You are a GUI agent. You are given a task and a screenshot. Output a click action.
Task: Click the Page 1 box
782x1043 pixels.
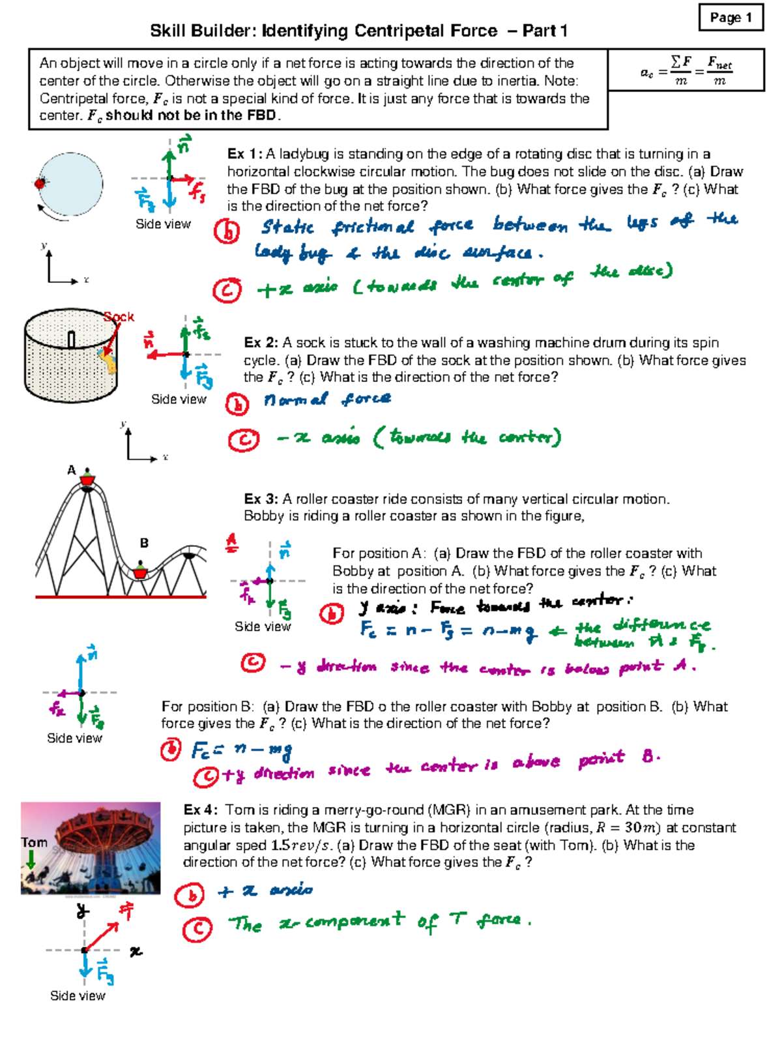pyautogui.click(x=731, y=18)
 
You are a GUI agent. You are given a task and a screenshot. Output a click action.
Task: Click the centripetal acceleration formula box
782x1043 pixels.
pyautogui.click(x=686, y=70)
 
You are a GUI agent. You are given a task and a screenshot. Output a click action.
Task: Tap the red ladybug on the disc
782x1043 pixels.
pyautogui.click(x=40, y=183)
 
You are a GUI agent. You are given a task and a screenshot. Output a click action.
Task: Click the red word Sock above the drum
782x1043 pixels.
pyautogui.click(x=119, y=317)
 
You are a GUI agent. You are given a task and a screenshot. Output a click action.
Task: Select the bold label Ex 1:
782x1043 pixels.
pyautogui.click(x=244, y=154)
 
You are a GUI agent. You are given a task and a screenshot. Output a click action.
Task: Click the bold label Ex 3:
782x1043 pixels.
pyautogui.click(x=261, y=499)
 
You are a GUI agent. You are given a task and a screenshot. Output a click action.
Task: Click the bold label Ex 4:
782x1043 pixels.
pyautogui.click(x=201, y=810)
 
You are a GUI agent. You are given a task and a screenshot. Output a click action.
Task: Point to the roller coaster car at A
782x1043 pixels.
pyautogui.click(x=87, y=480)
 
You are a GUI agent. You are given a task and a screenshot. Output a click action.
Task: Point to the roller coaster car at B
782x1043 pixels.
pyautogui.click(x=140, y=571)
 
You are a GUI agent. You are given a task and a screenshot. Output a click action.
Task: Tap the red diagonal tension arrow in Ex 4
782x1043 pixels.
pyautogui.click(x=102, y=935)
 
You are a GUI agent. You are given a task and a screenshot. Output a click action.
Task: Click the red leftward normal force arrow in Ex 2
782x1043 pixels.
pyautogui.click(x=166, y=355)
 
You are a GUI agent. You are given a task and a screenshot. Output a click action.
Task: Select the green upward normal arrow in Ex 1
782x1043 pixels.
pyautogui.click(x=169, y=163)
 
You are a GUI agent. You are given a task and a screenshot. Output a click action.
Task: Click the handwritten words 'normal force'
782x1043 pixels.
pyautogui.click(x=327, y=399)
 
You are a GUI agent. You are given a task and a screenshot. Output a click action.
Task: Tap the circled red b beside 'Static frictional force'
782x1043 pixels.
pyautogui.click(x=227, y=231)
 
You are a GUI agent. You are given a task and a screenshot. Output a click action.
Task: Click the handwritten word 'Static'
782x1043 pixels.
pyautogui.click(x=287, y=227)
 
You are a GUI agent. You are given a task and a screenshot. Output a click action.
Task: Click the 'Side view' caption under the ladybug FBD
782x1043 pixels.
pyautogui.click(x=163, y=224)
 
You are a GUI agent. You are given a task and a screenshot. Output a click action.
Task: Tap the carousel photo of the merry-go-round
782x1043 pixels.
pyautogui.click(x=91, y=847)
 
